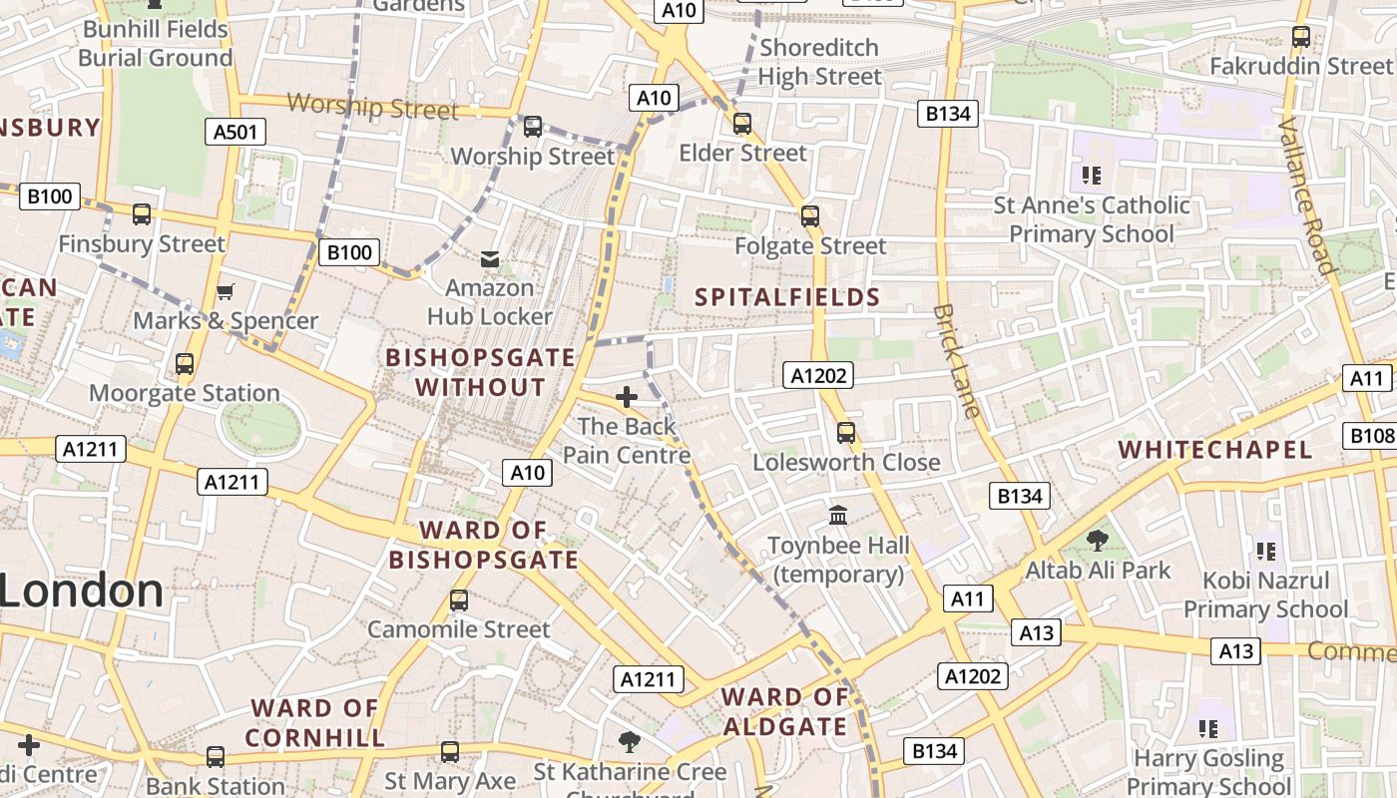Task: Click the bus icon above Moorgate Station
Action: pos(185,364)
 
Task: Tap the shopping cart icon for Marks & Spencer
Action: pos(225,292)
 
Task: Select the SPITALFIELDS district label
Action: pos(787,297)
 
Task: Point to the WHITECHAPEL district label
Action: pos(1215,450)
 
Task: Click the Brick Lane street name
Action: pos(957,360)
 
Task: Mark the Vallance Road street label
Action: pos(1307,195)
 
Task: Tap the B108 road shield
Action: pos(1372,436)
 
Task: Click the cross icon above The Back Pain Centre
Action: pos(627,398)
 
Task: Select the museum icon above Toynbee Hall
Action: pos(838,516)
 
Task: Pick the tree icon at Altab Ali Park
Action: pos(1098,541)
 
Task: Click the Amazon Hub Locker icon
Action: pos(490,259)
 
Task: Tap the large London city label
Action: pos(82,592)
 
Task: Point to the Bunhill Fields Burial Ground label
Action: pos(155,44)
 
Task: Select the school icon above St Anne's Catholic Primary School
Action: pos(1092,177)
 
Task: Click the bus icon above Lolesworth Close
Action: pos(846,433)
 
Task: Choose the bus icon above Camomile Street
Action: pos(458,600)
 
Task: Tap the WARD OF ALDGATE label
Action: pos(784,711)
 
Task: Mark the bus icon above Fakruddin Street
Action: pos(1300,37)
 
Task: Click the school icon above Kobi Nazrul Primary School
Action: pos(1266,552)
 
